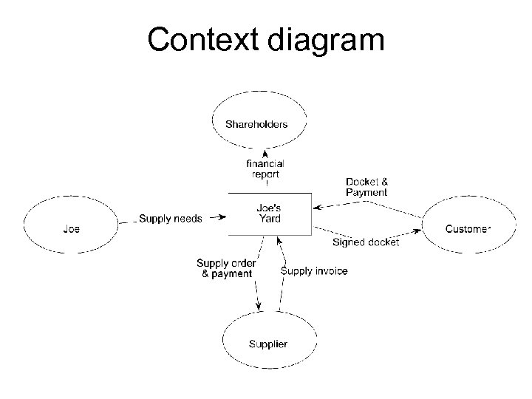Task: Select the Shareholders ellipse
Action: point(256,123)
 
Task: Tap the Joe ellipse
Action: point(71,228)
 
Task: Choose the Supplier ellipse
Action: point(268,344)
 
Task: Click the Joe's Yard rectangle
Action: point(269,214)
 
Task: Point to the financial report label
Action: point(265,168)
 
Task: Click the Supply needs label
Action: point(171,218)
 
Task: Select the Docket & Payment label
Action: point(366,187)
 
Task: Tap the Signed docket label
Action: point(365,242)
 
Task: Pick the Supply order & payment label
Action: point(227,268)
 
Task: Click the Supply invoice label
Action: point(314,271)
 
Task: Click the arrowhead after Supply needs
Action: point(219,218)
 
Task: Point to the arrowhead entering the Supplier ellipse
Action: point(258,308)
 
